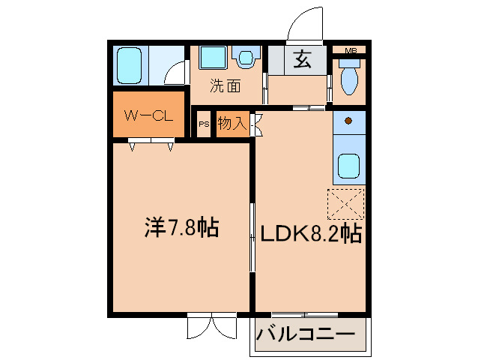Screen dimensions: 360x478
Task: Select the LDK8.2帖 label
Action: [310, 235]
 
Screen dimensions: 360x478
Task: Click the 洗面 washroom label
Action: [225, 85]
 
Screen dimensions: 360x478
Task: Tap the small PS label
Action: [204, 125]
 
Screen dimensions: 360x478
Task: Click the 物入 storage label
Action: [232, 124]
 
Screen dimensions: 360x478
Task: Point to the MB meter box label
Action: [350, 50]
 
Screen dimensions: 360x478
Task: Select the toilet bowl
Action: [349, 79]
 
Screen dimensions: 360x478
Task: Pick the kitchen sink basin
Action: [348, 166]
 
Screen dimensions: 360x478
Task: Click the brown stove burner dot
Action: [348, 119]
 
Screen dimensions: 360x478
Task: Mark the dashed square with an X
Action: [345, 203]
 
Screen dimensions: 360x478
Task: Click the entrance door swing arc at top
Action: [306, 24]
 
